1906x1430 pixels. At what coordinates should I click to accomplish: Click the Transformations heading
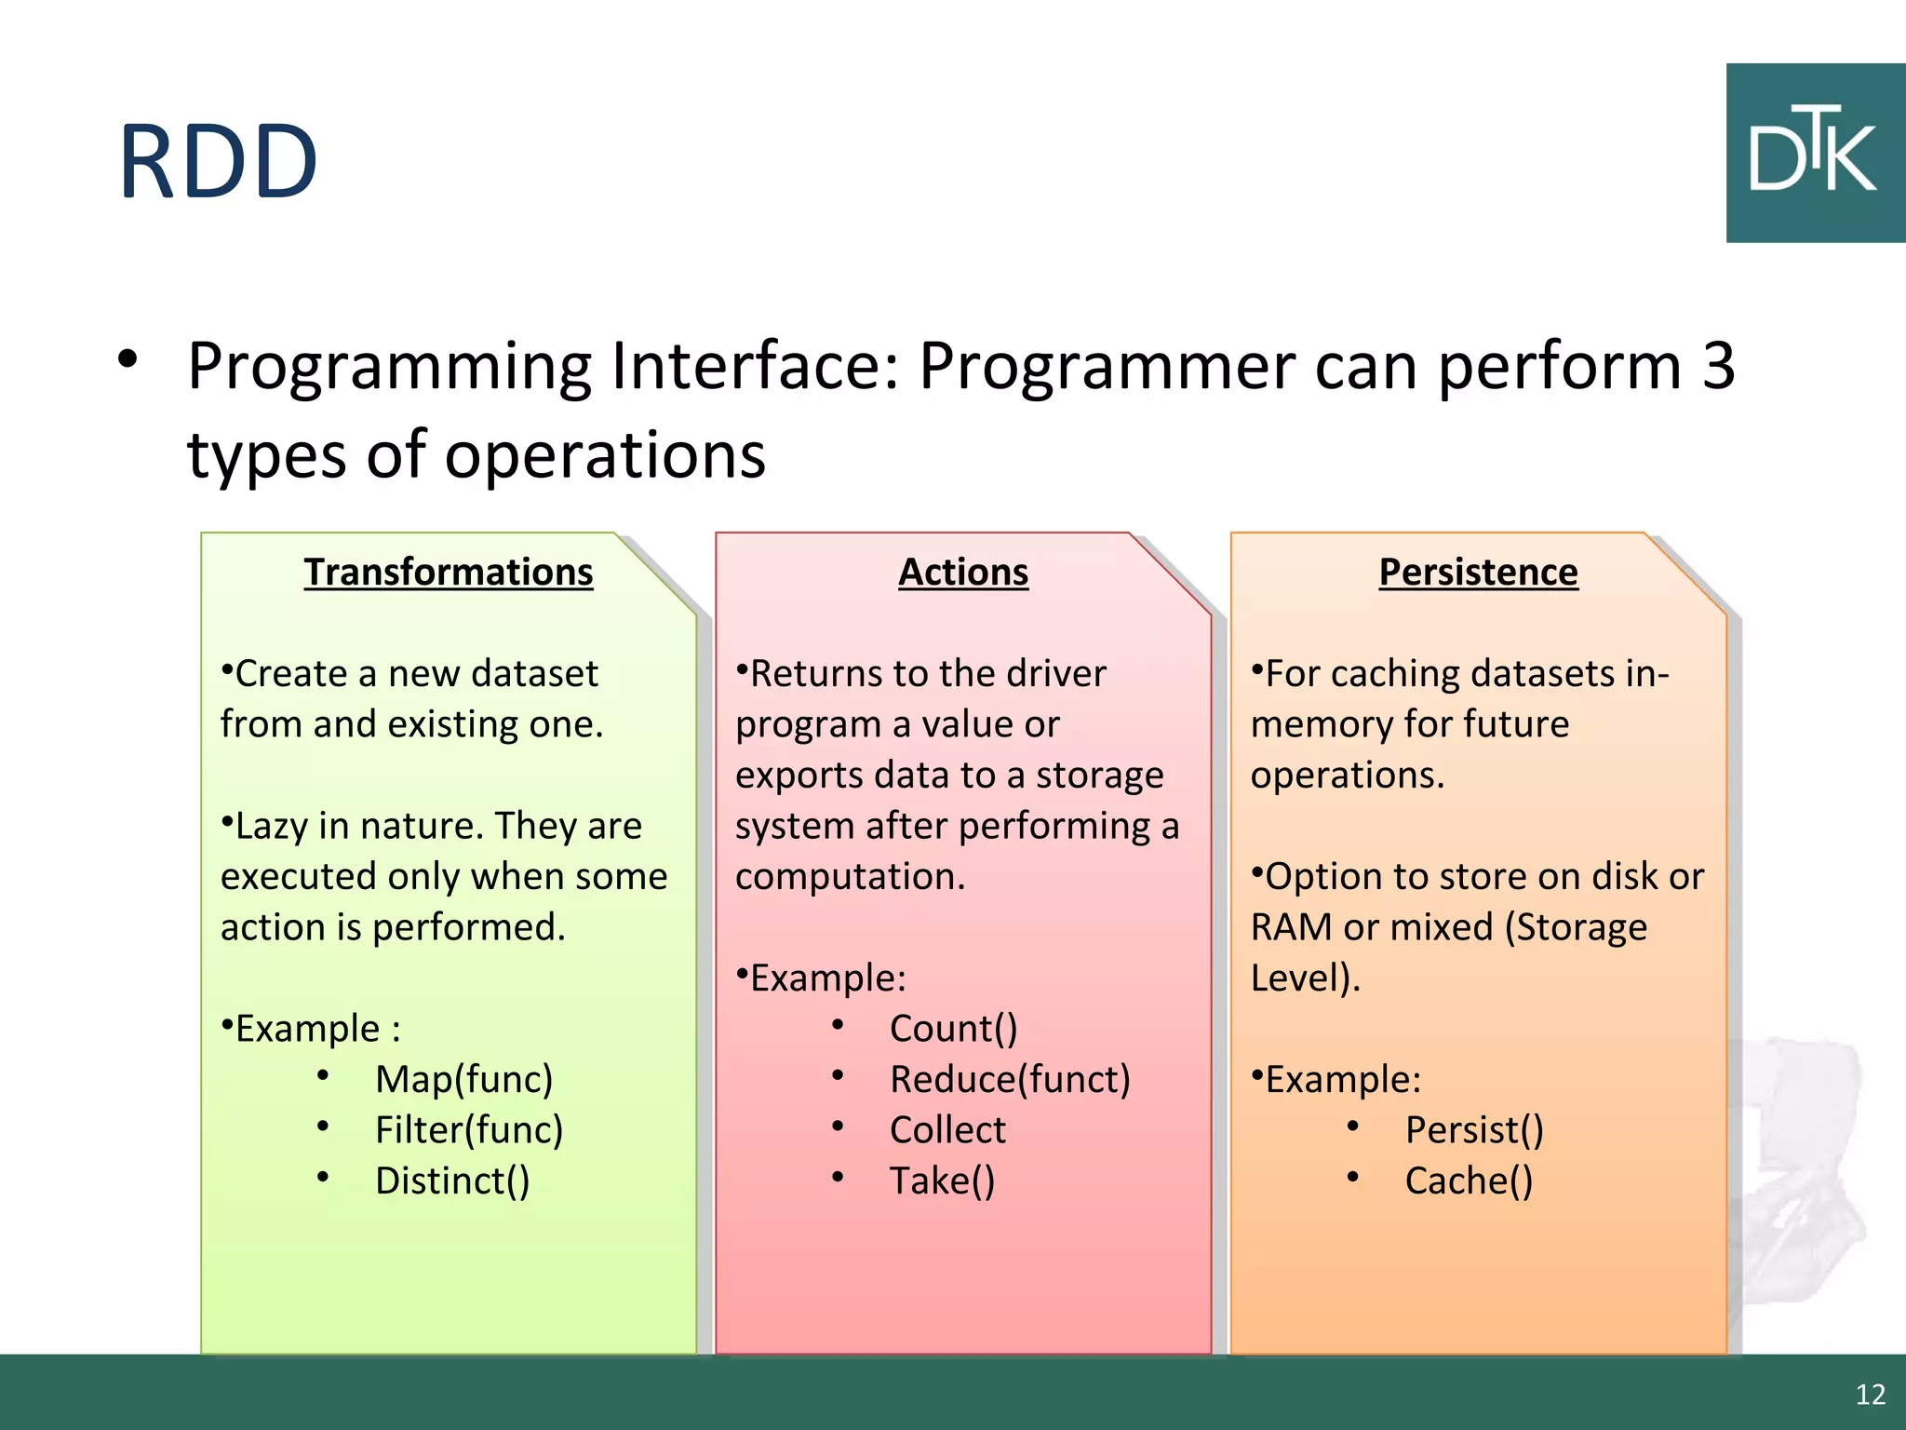(x=448, y=572)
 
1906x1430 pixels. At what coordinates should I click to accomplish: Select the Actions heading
(x=963, y=572)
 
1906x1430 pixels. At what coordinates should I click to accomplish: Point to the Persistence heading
(x=1478, y=572)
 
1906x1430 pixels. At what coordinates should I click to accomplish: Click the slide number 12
(x=1870, y=1394)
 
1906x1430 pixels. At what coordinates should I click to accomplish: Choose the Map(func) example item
(x=463, y=1079)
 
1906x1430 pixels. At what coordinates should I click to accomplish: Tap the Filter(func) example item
(x=469, y=1129)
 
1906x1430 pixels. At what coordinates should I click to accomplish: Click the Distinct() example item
(x=452, y=1180)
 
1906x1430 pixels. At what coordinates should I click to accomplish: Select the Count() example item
(x=953, y=1029)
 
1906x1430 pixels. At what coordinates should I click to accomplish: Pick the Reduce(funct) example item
(x=1010, y=1079)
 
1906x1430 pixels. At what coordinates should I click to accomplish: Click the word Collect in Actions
(x=947, y=1129)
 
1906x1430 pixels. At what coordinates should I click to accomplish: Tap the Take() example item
(x=942, y=1180)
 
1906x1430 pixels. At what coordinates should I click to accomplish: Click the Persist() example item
(x=1474, y=1129)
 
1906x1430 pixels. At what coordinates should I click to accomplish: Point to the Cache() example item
(x=1469, y=1180)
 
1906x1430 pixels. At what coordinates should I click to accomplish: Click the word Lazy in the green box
(x=270, y=827)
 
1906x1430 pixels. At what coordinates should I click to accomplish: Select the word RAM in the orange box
(x=1291, y=927)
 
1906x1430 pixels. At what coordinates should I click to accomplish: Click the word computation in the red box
(x=850, y=877)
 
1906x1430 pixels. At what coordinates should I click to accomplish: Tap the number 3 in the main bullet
(x=1718, y=365)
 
